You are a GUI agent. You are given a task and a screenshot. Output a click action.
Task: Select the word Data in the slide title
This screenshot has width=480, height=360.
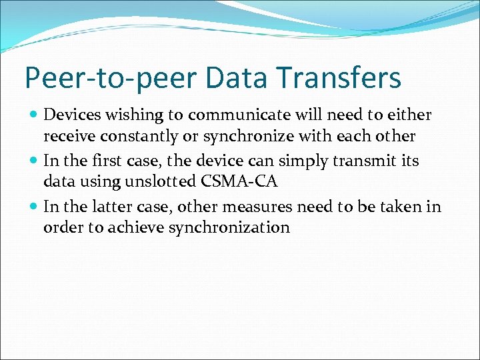(x=243, y=78)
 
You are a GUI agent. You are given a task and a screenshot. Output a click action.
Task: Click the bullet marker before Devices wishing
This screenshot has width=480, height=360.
(x=34, y=115)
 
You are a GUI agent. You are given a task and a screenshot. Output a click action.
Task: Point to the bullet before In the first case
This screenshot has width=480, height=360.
(x=34, y=161)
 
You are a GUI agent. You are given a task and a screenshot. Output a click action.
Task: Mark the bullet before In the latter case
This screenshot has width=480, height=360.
(x=34, y=207)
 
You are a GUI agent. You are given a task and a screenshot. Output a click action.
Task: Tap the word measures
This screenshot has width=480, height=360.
(x=253, y=207)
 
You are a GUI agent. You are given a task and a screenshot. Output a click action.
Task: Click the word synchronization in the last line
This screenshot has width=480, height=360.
(x=229, y=228)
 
